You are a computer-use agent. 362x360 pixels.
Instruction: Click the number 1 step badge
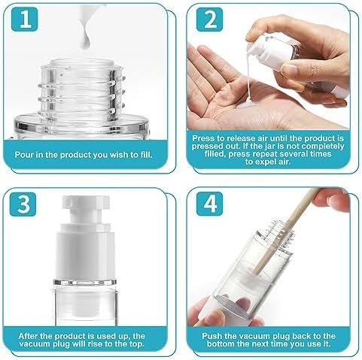tap(24, 19)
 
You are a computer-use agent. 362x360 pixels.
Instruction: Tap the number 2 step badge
tap(209, 20)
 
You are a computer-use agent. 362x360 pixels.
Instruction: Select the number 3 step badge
tap(23, 204)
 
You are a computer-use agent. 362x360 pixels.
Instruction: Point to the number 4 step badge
tap(209, 204)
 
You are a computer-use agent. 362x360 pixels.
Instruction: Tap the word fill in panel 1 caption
tap(145, 155)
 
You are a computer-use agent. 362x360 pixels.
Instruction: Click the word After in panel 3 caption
tap(29, 336)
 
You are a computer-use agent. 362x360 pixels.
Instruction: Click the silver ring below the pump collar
tap(85, 283)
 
